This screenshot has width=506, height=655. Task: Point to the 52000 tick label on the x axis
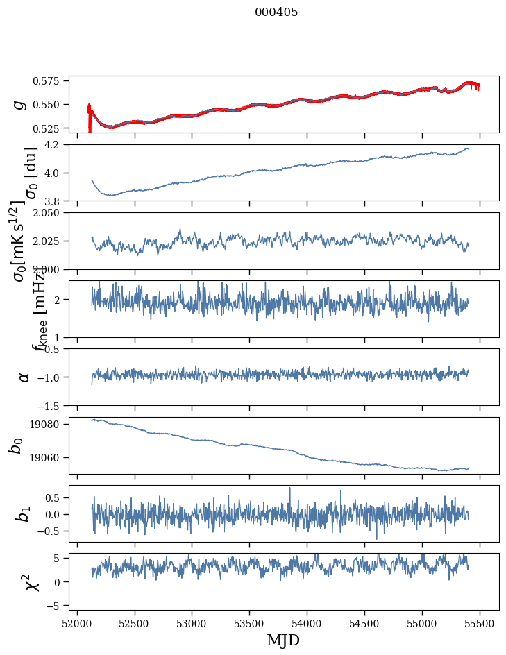coord(77,623)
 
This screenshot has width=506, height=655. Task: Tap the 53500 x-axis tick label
coord(250,623)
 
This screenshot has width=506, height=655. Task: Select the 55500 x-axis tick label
coord(481,623)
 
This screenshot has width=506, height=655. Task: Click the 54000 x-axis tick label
coord(307,623)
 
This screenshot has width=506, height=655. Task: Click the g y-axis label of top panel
coord(19,104)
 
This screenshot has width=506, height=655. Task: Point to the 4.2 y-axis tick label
coord(57,145)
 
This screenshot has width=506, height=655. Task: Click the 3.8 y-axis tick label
coord(57,201)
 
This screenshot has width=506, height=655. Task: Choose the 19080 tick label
coord(51,424)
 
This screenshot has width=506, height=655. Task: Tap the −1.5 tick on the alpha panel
coord(53,405)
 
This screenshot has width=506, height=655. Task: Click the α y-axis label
coord(24,377)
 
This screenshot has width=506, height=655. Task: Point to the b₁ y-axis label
coord(24,513)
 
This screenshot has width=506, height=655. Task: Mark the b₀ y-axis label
coord(15,445)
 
